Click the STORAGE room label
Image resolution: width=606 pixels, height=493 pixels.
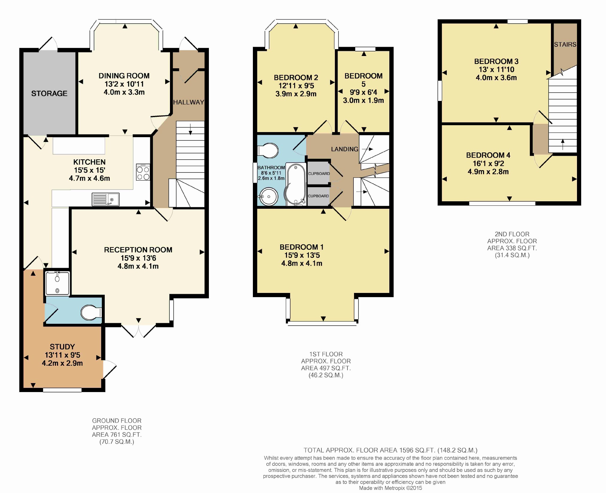tap(49, 93)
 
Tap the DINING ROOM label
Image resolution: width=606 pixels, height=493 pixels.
tap(124, 76)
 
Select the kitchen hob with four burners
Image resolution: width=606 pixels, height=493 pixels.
tap(143, 172)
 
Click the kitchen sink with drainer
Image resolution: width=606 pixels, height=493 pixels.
tap(105, 199)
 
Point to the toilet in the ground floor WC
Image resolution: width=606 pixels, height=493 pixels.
tap(91, 313)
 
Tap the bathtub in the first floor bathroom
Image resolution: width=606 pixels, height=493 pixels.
tap(296, 184)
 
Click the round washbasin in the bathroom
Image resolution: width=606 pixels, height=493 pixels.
tap(268, 197)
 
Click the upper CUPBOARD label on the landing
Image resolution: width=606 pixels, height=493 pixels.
tap(319, 174)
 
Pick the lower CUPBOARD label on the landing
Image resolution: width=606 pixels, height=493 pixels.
tap(318, 196)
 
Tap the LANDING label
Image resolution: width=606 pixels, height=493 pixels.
tap(344, 149)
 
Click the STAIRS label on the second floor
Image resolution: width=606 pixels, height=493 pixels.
tap(565, 45)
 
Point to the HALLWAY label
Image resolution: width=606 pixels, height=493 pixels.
tap(189, 102)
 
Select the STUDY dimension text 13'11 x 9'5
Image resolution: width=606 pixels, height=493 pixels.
tap(63, 355)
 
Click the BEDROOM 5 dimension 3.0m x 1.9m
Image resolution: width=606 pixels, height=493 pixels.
tap(363, 100)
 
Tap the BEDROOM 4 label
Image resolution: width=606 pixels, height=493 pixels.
tap(488, 155)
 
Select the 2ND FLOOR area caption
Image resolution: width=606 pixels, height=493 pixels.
tap(512, 245)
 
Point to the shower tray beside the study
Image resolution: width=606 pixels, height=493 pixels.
tap(57, 283)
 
